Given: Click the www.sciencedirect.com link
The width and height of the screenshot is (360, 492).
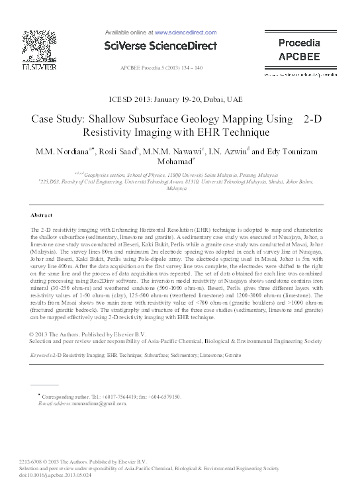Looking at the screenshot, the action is [x=186, y=31].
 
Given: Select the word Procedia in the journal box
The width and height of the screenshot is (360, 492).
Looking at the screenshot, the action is [x=298, y=42].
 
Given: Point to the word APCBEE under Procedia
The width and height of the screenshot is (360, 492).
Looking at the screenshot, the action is [x=298, y=55].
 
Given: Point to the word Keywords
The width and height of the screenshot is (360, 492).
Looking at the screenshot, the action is [x=42, y=355].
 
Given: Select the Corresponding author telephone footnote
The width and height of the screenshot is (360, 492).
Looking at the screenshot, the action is [x=110, y=397].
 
